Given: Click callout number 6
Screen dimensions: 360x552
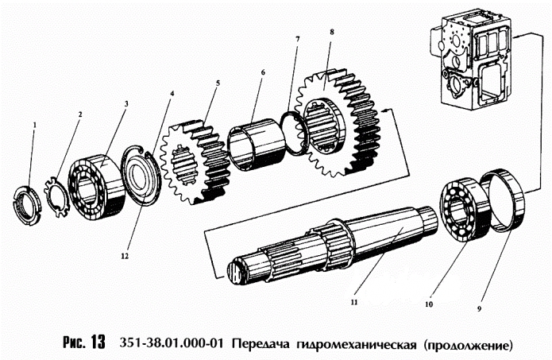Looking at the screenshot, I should pos(263,71).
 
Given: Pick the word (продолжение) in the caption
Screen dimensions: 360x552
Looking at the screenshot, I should pos(469,344).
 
